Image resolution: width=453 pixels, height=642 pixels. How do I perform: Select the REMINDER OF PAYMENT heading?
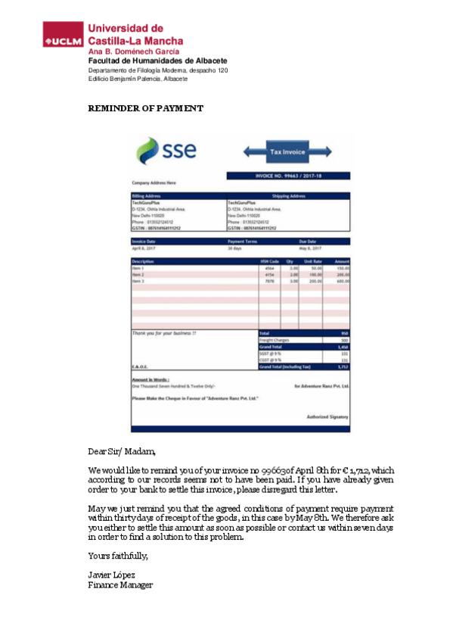tap(146, 108)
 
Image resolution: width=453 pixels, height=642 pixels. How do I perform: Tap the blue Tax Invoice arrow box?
tap(287, 152)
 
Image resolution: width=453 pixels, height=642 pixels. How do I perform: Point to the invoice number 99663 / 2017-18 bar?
tap(287, 176)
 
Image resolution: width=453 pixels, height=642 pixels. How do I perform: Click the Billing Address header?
tap(147, 196)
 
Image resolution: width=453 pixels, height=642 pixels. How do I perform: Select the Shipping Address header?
tap(287, 196)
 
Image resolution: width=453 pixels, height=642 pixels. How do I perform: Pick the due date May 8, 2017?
tap(310, 248)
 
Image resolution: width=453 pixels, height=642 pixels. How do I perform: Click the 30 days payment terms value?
tap(234, 248)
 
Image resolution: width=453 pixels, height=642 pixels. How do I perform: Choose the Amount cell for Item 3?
tap(343, 281)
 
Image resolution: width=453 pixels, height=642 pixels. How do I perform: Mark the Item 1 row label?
tap(138, 268)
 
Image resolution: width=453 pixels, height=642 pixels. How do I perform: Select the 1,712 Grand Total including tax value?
tap(343, 366)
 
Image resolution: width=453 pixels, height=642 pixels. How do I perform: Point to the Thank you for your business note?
tap(164, 333)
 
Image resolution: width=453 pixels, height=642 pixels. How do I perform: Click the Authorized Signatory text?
tap(327, 417)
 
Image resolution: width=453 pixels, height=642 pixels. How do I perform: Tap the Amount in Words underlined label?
tap(150, 379)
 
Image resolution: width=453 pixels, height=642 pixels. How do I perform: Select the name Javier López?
tap(112, 575)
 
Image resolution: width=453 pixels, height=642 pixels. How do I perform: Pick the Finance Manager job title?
tap(121, 585)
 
